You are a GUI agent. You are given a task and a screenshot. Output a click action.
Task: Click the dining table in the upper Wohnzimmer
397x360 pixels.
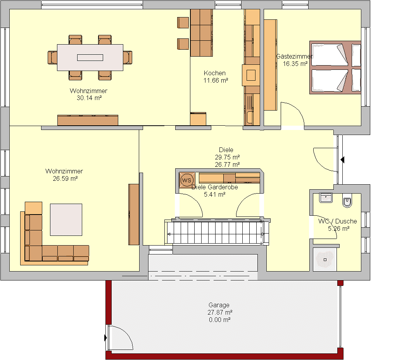[x=90, y=57]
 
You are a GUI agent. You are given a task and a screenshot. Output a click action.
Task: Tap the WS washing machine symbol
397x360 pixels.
[x=187, y=180]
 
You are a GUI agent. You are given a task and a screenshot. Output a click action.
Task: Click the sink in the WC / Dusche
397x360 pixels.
[x=326, y=197]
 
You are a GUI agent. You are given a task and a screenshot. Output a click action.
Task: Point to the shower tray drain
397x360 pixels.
[x=325, y=260]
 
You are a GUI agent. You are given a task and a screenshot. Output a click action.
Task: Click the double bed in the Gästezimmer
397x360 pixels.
[x=335, y=67]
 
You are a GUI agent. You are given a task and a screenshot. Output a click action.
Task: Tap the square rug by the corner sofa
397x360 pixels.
[x=66, y=220]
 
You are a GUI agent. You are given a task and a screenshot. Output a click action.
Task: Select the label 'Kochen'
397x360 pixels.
[x=215, y=73]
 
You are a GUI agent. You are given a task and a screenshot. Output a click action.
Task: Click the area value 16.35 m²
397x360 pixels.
[x=295, y=64]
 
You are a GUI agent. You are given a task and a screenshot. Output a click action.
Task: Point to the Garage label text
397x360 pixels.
[x=219, y=305]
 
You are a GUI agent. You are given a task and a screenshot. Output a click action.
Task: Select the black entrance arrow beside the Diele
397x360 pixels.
[x=343, y=160]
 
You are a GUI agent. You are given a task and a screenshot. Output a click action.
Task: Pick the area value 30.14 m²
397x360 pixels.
[x=89, y=98]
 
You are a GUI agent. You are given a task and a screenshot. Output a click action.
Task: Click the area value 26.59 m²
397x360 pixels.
[x=65, y=178]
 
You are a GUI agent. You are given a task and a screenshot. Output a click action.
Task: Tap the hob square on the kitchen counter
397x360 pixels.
[x=251, y=75]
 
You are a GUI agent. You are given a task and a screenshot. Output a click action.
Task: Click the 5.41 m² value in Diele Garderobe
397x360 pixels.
[x=215, y=195]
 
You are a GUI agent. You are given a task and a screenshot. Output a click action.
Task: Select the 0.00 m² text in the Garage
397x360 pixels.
[x=219, y=320]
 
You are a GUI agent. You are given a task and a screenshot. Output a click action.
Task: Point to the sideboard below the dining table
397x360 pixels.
[x=88, y=120]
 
